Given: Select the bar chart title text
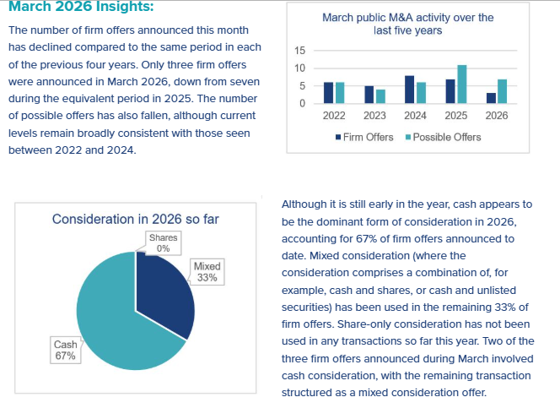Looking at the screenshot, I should (x=408, y=24).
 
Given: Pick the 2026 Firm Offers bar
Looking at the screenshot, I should (x=492, y=98).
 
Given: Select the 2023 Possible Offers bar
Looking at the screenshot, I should (x=380, y=96).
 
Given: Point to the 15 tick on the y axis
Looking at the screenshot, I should (x=299, y=51).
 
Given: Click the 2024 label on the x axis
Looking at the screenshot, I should (x=415, y=117).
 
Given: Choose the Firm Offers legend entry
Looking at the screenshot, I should (x=363, y=137).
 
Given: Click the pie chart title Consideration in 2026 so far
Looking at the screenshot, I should (x=136, y=219).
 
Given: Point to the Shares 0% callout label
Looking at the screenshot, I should (x=163, y=243).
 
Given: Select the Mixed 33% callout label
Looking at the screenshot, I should (x=207, y=272).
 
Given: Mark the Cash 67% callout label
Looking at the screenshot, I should (x=65, y=350).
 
